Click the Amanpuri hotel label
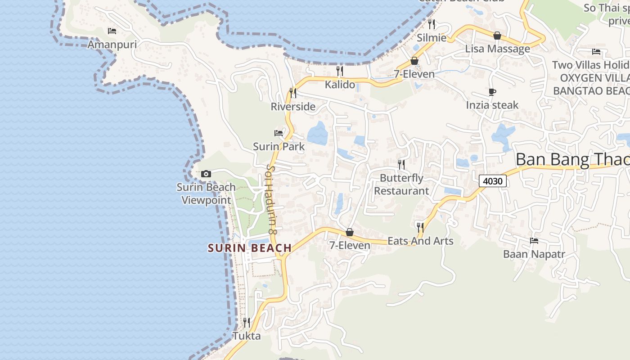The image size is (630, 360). click(x=112, y=45)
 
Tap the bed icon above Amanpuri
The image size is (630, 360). click(x=112, y=31)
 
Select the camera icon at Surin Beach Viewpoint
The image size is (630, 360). click(x=206, y=174)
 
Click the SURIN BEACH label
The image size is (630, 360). click(x=250, y=248)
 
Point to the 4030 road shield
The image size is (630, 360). click(x=493, y=181)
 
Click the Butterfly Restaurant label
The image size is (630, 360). click(x=401, y=184)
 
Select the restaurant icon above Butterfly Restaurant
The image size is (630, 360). click(x=401, y=164)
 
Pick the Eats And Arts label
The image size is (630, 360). click(x=420, y=241)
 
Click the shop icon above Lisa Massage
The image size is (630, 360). click(x=497, y=36)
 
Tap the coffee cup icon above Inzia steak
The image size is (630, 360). click(x=492, y=92)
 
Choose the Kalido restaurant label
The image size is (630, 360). click(x=340, y=84)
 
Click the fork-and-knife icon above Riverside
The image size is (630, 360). click(x=293, y=93)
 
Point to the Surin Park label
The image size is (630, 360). click(x=279, y=147)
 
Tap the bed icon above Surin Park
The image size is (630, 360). click(x=279, y=133)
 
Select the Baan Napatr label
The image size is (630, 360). click(x=534, y=254)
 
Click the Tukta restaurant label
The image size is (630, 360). click(x=247, y=336)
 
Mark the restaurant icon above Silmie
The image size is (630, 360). click(x=432, y=24)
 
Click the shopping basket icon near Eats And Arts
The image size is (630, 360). click(x=350, y=232)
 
